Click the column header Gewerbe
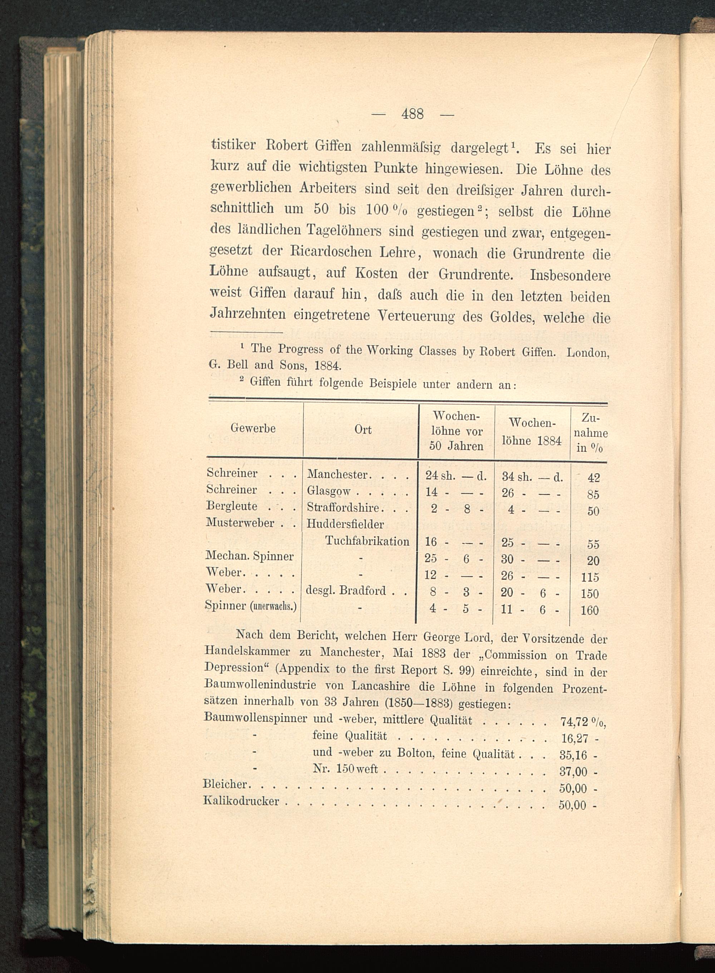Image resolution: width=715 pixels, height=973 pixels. click(x=253, y=428)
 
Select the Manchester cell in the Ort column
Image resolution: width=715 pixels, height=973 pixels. click(x=337, y=475)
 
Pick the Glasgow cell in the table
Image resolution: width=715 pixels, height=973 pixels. click(x=329, y=491)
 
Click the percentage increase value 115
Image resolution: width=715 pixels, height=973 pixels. click(x=590, y=577)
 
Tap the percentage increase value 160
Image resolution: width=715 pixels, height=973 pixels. click(x=590, y=611)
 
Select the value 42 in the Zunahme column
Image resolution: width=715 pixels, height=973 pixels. click(x=593, y=478)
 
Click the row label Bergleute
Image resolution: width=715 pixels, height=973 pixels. click(x=232, y=506)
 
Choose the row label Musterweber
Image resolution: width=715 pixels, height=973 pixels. click(x=240, y=523)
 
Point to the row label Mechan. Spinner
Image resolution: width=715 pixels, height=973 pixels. click(x=250, y=556)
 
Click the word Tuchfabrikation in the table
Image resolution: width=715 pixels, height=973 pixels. click(x=367, y=541)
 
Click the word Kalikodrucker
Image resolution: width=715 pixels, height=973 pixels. click(x=241, y=801)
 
